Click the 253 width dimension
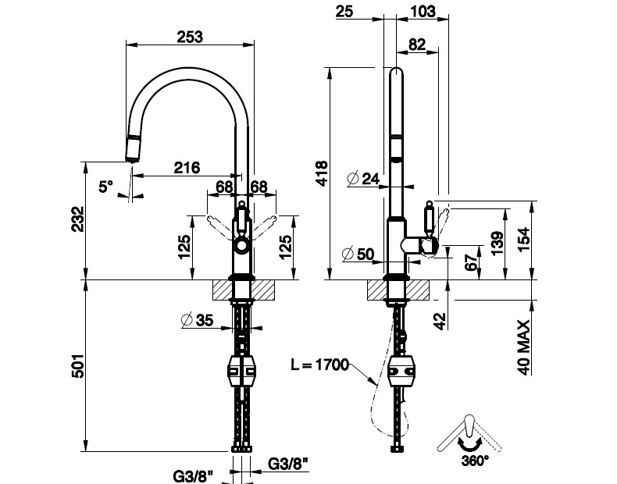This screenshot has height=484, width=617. pyautogui.click(x=190, y=37)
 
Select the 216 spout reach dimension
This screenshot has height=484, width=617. pyautogui.click(x=187, y=168)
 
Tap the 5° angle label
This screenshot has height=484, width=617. pyautogui.click(x=106, y=186)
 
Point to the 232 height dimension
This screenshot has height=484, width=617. pyautogui.click(x=78, y=219)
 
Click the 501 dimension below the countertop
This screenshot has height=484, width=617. pyautogui.click(x=79, y=366)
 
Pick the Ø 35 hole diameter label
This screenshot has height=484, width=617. pyautogui.click(x=197, y=320)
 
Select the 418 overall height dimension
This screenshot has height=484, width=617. pyautogui.click(x=322, y=173)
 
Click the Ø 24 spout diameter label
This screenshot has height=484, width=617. pyautogui.click(x=364, y=179)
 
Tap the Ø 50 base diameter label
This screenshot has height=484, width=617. pyautogui.click(x=358, y=254)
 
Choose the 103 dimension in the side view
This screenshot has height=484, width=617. pyautogui.click(x=423, y=11)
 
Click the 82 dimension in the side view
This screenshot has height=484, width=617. pyautogui.click(x=417, y=44)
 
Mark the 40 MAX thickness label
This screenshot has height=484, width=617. pyautogui.click(x=523, y=347)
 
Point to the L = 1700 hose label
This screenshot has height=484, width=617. pyautogui.click(x=320, y=365)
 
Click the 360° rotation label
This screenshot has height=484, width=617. pyautogui.click(x=475, y=461)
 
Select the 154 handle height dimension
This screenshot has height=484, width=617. pyautogui.click(x=526, y=239)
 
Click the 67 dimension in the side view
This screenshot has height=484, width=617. pyautogui.click(x=473, y=261)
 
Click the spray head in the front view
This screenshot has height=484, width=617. pyautogui.click(x=133, y=148)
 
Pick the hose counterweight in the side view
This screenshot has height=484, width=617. pyautogui.click(x=401, y=371)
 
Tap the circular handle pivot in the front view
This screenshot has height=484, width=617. pyautogui.click(x=241, y=247)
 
